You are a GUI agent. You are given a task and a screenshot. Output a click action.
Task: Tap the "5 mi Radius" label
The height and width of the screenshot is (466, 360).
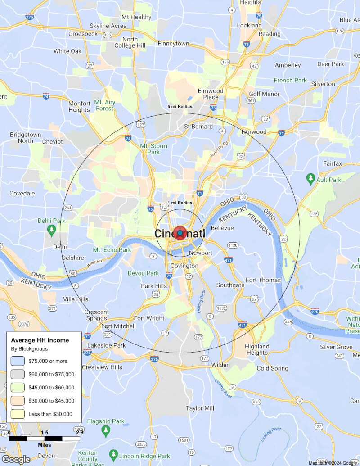click(x=180, y=107)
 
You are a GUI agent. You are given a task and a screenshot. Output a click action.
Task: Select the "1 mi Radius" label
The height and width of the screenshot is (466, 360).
click(x=180, y=203)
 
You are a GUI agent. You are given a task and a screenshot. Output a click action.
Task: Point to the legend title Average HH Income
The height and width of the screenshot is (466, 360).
click(x=40, y=340)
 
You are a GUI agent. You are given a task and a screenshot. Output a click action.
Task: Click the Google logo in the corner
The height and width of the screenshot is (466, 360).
click(x=16, y=459)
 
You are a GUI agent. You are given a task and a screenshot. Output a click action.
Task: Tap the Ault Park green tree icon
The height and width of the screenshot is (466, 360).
click(x=310, y=179)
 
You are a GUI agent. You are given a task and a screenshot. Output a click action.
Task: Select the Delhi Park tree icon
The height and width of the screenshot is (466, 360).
click(x=52, y=230)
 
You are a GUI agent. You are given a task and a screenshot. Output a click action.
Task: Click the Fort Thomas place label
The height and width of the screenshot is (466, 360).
click(x=263, y=280)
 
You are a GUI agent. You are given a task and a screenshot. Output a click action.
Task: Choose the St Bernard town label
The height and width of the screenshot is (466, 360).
click(x=198, y=127)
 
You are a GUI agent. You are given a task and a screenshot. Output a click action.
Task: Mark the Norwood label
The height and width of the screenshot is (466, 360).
click(x=254, y=132)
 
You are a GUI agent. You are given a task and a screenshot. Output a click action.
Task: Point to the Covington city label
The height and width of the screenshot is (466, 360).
click(x=184, y=266)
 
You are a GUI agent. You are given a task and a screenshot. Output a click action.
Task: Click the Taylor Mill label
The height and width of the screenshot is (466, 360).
click(x=200, y=408)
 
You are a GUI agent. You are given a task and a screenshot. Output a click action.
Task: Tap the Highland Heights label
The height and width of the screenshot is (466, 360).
click(x=257, y=349)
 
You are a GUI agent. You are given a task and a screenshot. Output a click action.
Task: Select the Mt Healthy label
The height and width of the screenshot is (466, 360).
click(x=136, y=17)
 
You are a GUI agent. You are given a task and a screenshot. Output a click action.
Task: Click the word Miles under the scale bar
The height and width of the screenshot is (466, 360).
click(x=44, y=445)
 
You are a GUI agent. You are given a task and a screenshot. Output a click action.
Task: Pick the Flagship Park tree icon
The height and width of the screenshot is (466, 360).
click(x=106, y=431)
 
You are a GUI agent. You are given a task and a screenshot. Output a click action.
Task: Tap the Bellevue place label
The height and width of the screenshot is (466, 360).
click(x=222, y=228)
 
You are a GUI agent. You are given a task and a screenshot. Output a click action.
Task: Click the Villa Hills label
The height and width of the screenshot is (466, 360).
click(x=76, y=299)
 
